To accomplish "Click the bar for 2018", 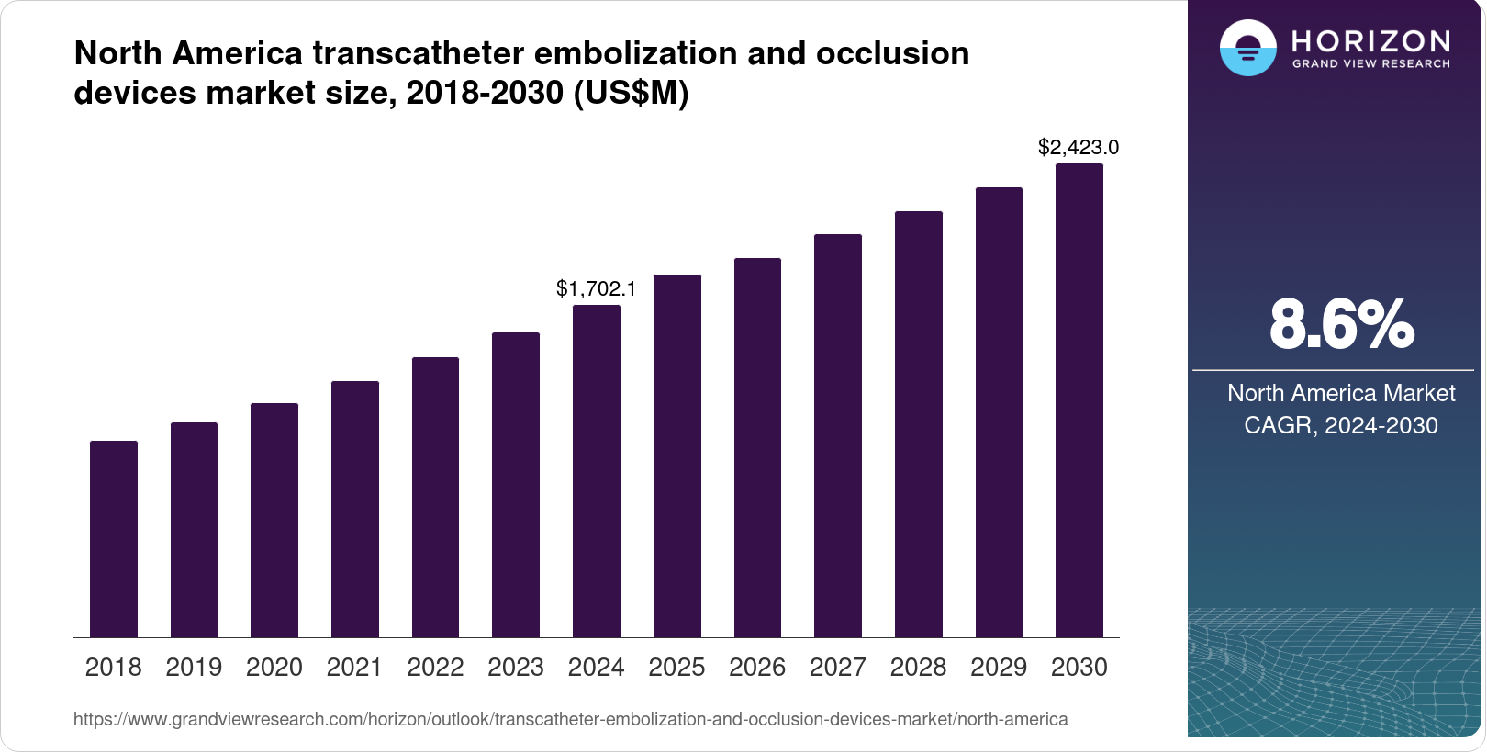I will [x=114, y=539].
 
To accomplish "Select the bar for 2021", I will [x=355, y=510].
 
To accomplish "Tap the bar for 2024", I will [x=597, y=471].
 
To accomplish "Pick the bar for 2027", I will [x=838, y=436].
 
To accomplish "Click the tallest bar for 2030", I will [x=1079, y=400].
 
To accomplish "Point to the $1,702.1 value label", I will [x=596, y=288].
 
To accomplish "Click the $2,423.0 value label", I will [x=1079, y=147].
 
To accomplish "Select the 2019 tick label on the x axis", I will [x=194, y=668].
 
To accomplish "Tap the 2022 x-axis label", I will [x=435, y=668].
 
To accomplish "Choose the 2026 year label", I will [x=757, y=668].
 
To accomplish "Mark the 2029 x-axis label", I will [x=999, y=668].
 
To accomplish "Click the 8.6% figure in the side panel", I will [x=1341, y=324].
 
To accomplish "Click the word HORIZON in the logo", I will [x=1370, y=40].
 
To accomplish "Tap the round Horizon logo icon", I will [x=1247, y=48].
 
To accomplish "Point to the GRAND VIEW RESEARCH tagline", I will [x=1370, y=64].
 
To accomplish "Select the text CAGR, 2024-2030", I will [x=1341, y=425].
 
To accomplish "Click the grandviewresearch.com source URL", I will [x=570, y=719].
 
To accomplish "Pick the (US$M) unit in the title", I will [x=631, y=93].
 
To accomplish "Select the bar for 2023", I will [x=516, y=485].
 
